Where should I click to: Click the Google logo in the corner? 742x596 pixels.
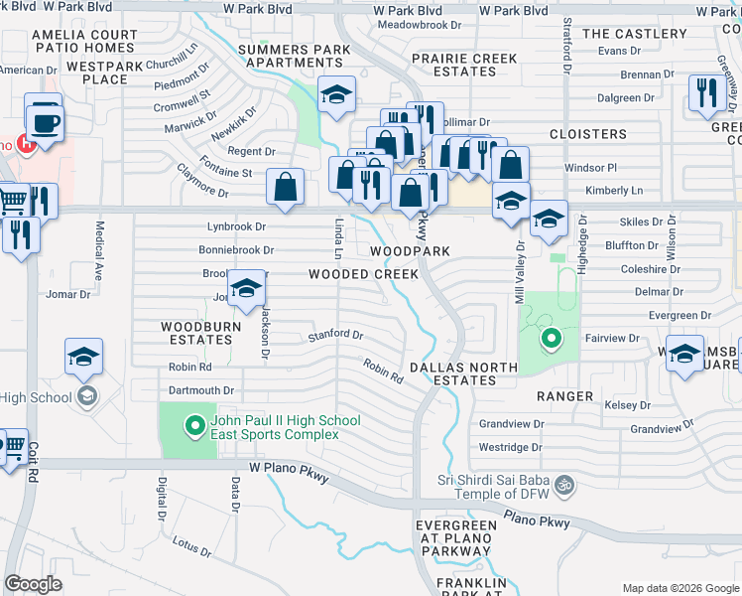34,584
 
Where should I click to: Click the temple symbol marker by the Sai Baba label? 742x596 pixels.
564,485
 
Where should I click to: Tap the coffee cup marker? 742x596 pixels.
44,123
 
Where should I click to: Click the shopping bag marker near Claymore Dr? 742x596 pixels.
286,187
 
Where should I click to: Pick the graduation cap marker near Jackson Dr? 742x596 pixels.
246,289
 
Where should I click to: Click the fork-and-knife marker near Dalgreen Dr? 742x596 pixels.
705,94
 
